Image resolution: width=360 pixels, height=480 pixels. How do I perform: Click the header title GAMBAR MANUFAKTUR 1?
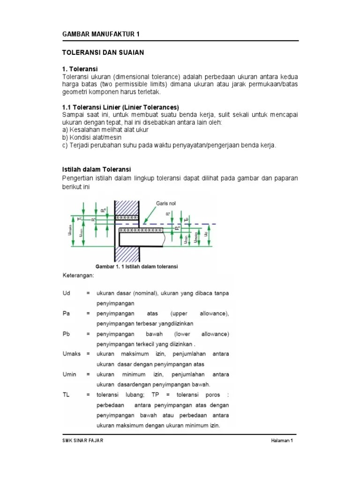pos(101,34)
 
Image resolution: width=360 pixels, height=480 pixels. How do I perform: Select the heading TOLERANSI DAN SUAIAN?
pos(103,52)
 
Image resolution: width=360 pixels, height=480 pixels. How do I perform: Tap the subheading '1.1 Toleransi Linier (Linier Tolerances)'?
pos(121,107)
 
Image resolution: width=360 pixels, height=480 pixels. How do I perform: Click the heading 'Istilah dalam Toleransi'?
pos(97,169)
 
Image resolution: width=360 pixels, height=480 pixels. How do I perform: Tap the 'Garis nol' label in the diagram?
pos(166,204)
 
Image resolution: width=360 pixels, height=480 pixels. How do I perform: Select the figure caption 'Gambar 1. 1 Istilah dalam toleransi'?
pos(136,266)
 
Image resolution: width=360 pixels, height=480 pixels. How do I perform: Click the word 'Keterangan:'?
pos(78,276)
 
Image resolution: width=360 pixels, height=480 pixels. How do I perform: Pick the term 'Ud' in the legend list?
pos(66,293)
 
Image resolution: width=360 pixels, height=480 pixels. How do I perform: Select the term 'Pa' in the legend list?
pos(66,313)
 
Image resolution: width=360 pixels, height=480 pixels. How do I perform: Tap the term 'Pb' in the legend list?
pos(66,334)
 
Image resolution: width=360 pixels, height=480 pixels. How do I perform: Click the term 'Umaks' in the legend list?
pos(71,354)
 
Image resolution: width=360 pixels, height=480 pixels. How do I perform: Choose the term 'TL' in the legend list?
pos(66,395)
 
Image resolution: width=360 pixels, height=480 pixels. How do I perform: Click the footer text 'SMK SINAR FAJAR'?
pos(83,441)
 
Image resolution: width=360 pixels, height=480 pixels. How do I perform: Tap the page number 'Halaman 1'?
pos(282,441)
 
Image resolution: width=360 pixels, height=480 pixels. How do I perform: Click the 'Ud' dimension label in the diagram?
pos(206,233)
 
